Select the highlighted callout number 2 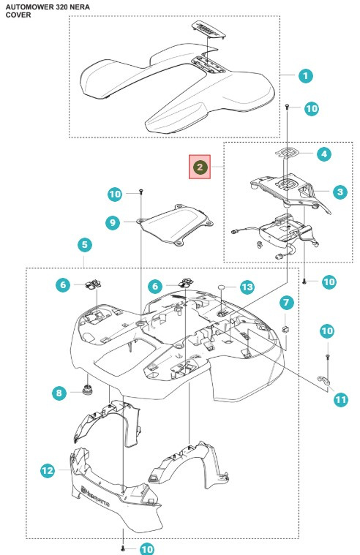(199, 167)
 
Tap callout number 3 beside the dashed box (340, 192)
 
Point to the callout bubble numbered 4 (323, 154)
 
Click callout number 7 (286, 301)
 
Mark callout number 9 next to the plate (111, 222)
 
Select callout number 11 (340, 400)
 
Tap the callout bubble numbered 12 (47, 471)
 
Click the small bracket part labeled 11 (323, 380)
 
